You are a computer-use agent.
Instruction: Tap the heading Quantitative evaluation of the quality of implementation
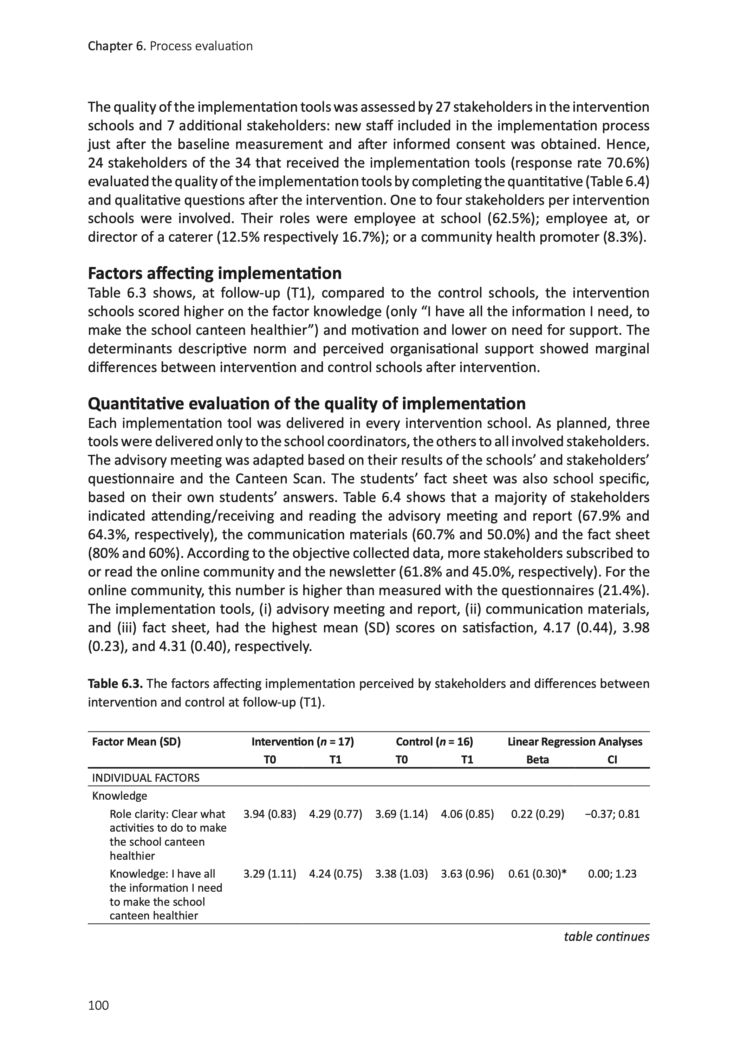pyautogui.click(x=306, y=403)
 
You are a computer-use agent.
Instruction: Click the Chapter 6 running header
pyautogui.click(x=170, y=46)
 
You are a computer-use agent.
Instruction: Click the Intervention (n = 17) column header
pyautogui.click(x=302, y=742)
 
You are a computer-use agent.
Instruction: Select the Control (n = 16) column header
pyautogui.click(x=434, y=742)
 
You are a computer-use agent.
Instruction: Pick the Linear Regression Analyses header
pyautogui.click(x=574, y=742)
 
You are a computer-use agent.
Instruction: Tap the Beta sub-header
pyautogui.click(x=537, y=760)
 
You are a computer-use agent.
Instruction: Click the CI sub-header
pyautogui.click(x=612, y=760)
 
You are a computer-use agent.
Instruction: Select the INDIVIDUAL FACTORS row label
pyautogui.click(x=146, y=778)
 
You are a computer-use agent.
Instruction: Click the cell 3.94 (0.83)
pyautogui.click(x=269, y=814)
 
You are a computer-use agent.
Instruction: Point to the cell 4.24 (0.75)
pyautogui.click(x=335, y=874)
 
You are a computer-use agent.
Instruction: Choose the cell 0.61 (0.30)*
pyautogui.click(x=537, y=874)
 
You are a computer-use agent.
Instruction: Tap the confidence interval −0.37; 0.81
pyautogui.click(x=612, y=814)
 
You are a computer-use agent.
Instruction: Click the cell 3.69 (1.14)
pyautogui.click(x=402, y=814)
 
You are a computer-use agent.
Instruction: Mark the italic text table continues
pyautogui.click(x=606, y=937)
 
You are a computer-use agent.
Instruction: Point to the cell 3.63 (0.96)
pyautogui.click(x=467, y=874)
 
